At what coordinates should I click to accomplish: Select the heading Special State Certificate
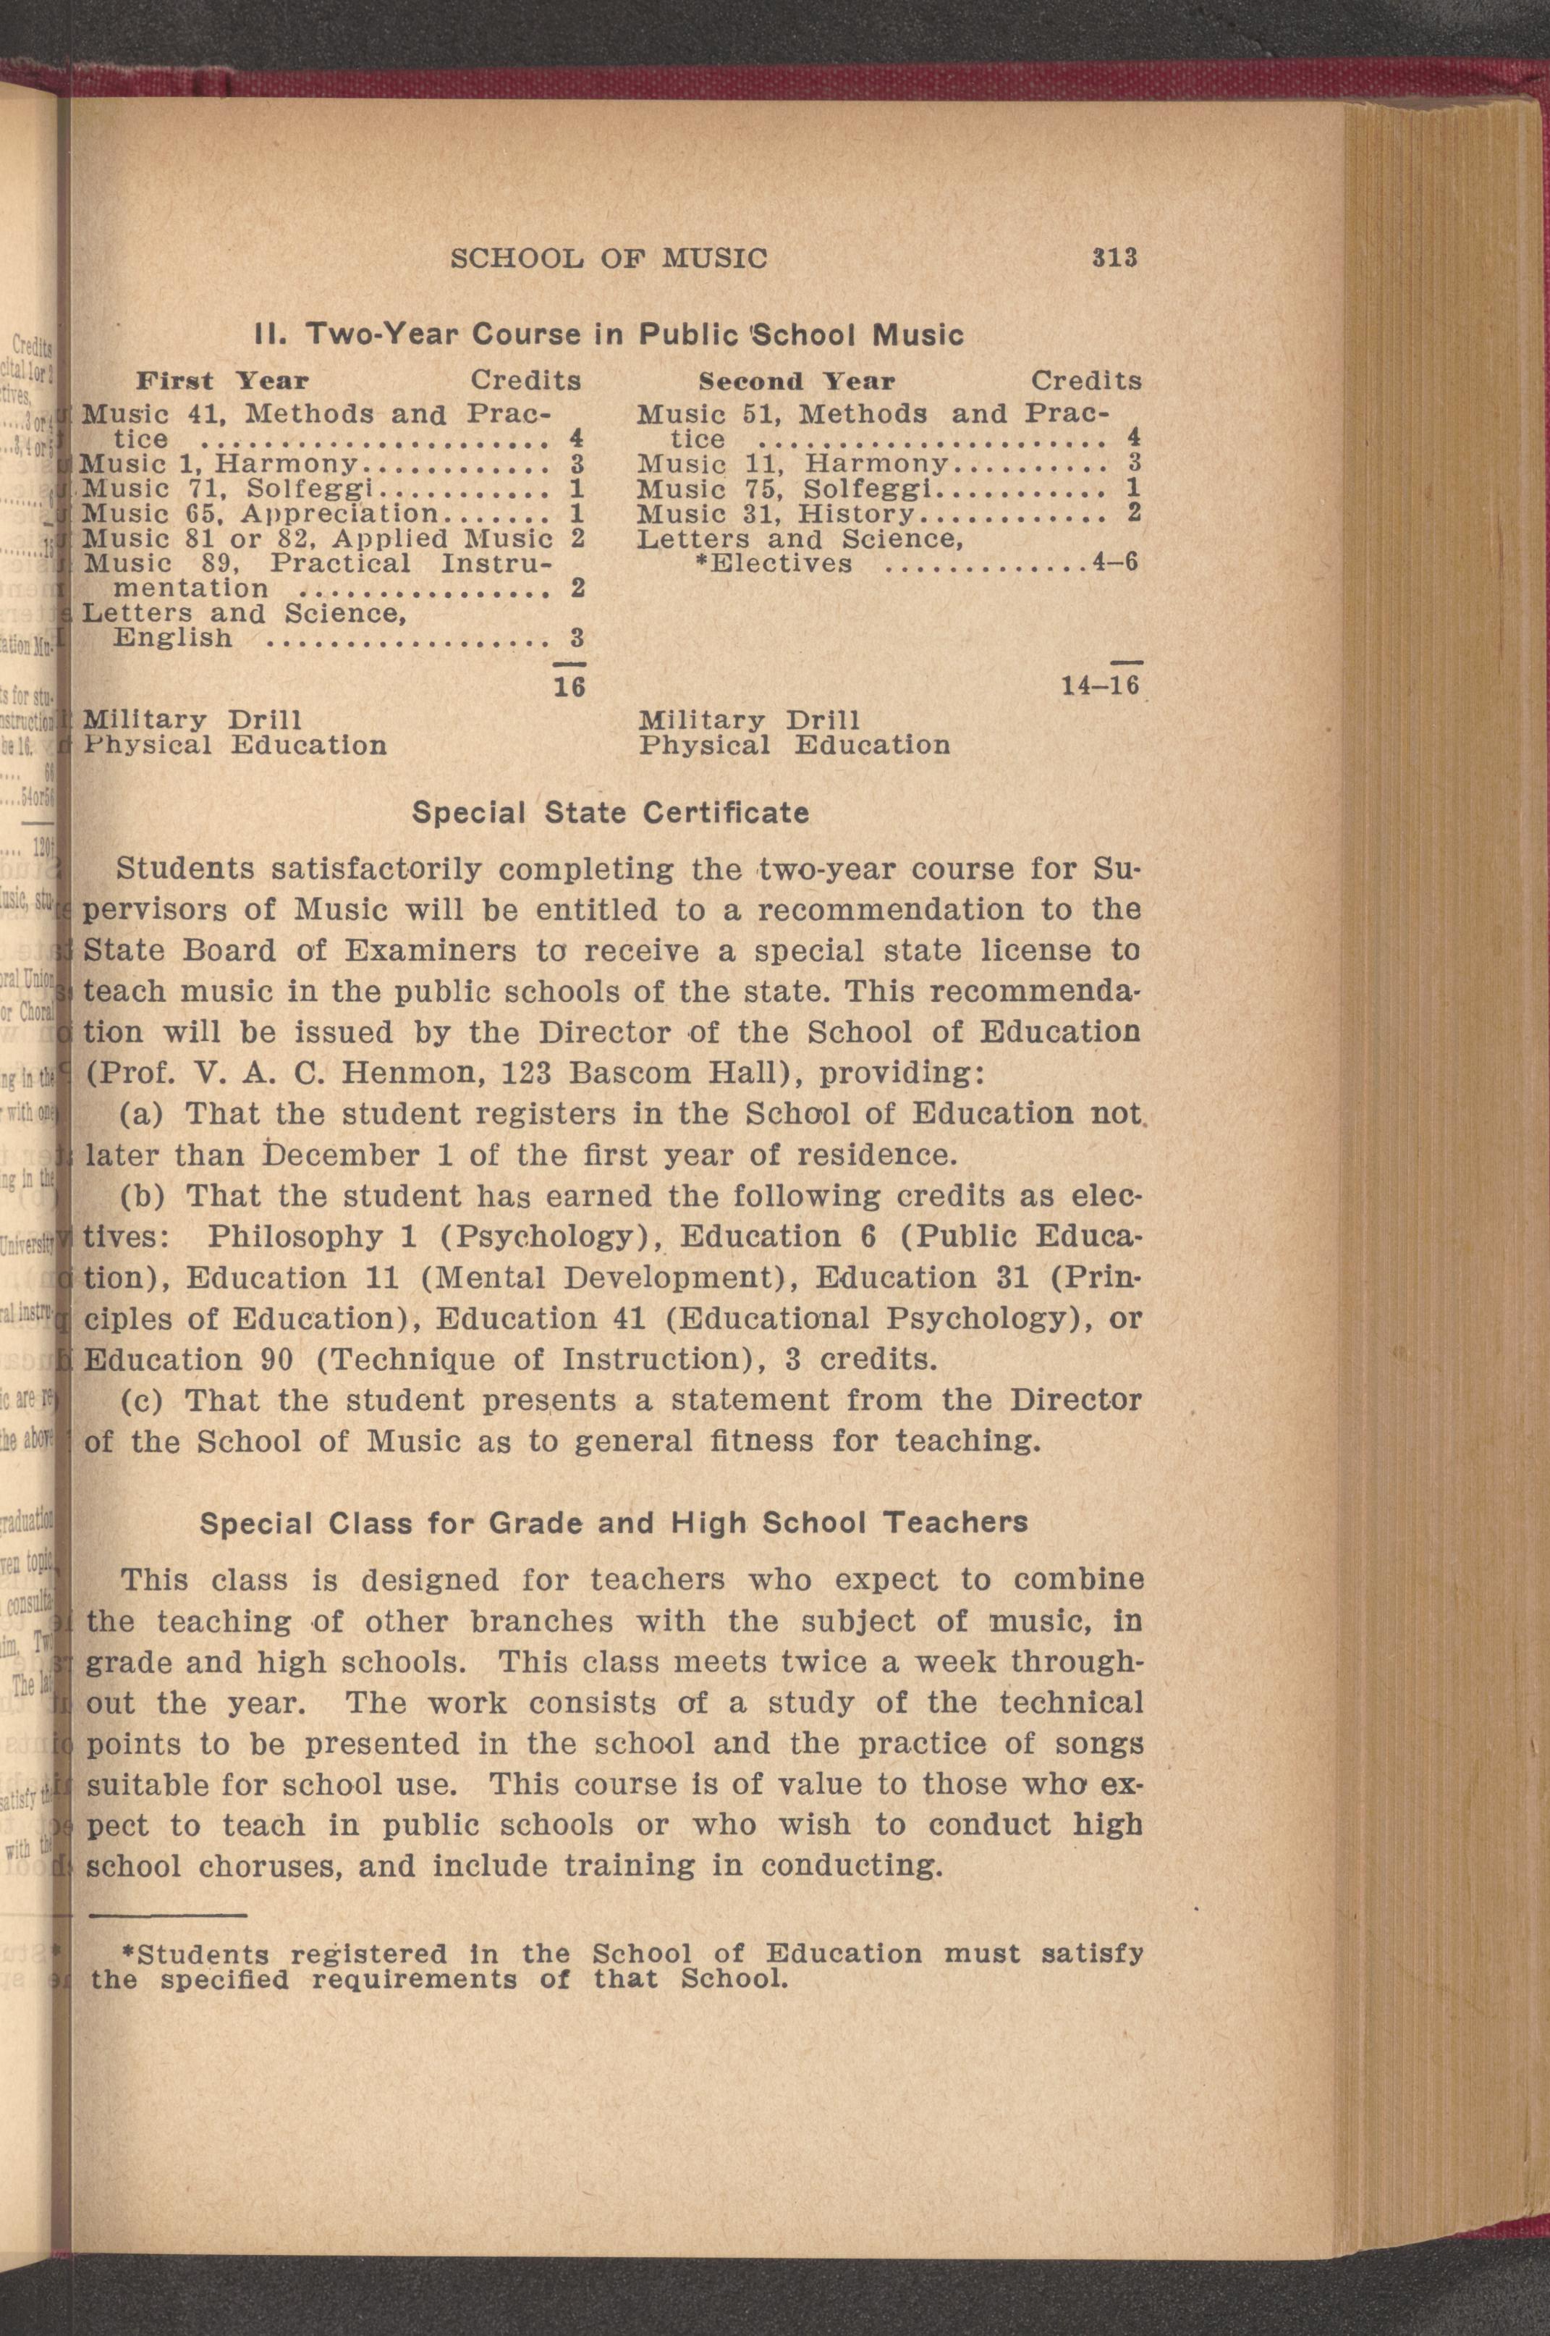[x=610, y=813]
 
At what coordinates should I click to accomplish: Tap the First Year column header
[x=221, y=381]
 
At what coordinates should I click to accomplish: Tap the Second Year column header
[x=796, y=381]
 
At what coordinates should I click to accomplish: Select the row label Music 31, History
[x=775, y=513]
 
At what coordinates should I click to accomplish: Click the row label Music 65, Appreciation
[x=259, y=513]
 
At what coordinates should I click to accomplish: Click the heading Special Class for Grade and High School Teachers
[x=613, y=1522]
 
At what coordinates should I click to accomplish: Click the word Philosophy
[x=295, y=1236]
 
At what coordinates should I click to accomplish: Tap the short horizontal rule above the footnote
[x=167, y=1916]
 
